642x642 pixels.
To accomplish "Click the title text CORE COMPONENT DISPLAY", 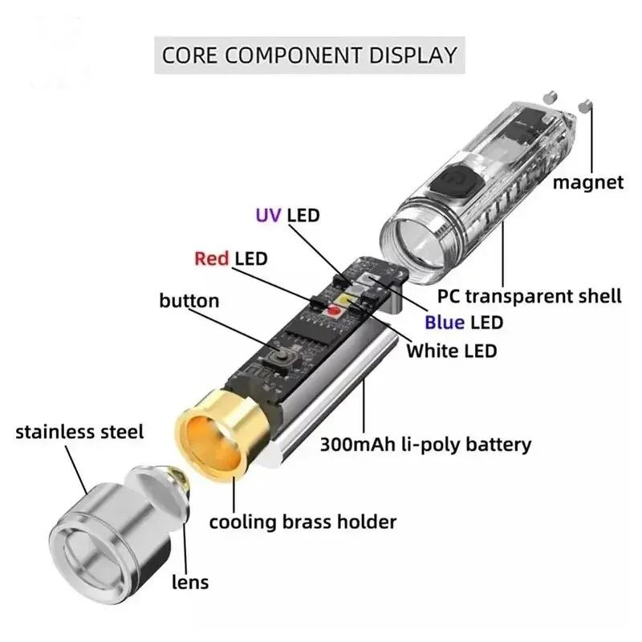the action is click(x=309, y=55).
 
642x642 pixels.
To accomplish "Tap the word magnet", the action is click(x=587, y=183).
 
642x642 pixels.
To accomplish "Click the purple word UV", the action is click(x=268, y=215).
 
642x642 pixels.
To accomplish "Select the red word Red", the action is click(x=212, y=258).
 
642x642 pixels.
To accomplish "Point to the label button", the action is click(x=189, y=301).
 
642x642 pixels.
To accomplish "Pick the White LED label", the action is click(x=452, y=351).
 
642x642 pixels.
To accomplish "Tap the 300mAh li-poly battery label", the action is click(x=425, y=444).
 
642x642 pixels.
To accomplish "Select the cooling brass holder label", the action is click(x=303, y=522).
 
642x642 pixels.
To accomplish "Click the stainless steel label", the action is click(x=79, y=433).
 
